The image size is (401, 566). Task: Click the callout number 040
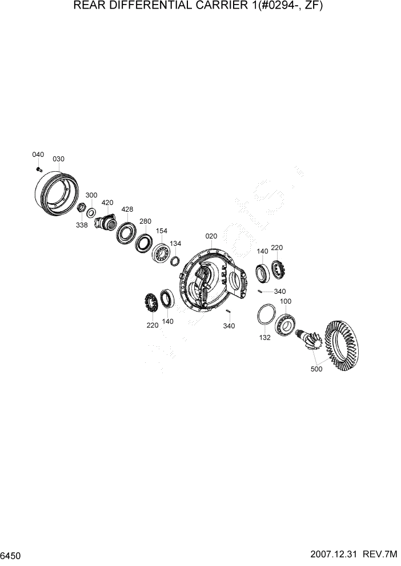38,155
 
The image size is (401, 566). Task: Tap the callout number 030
59,159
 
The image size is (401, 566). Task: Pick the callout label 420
107,203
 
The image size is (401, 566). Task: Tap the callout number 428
127,209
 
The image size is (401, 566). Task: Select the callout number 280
145,221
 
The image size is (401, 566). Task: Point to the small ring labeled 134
176,261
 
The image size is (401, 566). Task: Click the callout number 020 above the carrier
211,236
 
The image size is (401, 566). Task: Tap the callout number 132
264,337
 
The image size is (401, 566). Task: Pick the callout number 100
286,301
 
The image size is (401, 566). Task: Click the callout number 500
316,369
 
